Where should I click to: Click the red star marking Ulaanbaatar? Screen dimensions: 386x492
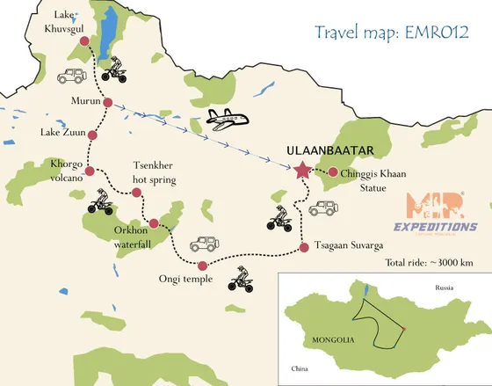tap(303, 171)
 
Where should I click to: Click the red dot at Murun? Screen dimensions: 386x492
tap(107, 103)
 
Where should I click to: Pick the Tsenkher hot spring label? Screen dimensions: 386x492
tap(154, 172)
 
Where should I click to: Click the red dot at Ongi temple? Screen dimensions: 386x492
tap(203, 266)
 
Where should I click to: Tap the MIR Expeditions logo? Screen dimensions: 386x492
tap(442, 215)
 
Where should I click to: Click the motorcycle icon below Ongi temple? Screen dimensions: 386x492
tap(240, 281)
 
